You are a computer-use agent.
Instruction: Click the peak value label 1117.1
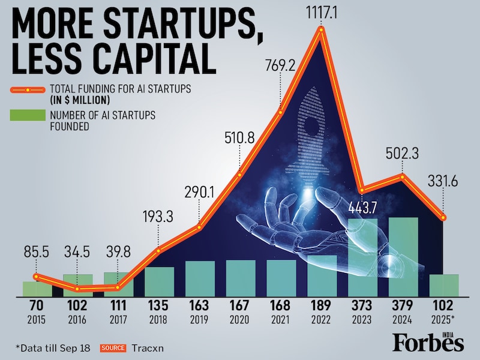323,11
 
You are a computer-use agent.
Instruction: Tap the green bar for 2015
37,289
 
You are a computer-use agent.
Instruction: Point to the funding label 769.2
280,65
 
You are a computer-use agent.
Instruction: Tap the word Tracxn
148,347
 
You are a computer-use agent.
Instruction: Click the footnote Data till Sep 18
53,347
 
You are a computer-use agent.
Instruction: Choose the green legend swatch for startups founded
28,115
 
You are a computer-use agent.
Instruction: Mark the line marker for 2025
444,218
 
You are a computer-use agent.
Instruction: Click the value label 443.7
362,208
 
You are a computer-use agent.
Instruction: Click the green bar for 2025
444,285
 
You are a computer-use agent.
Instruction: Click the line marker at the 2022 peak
322,31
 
